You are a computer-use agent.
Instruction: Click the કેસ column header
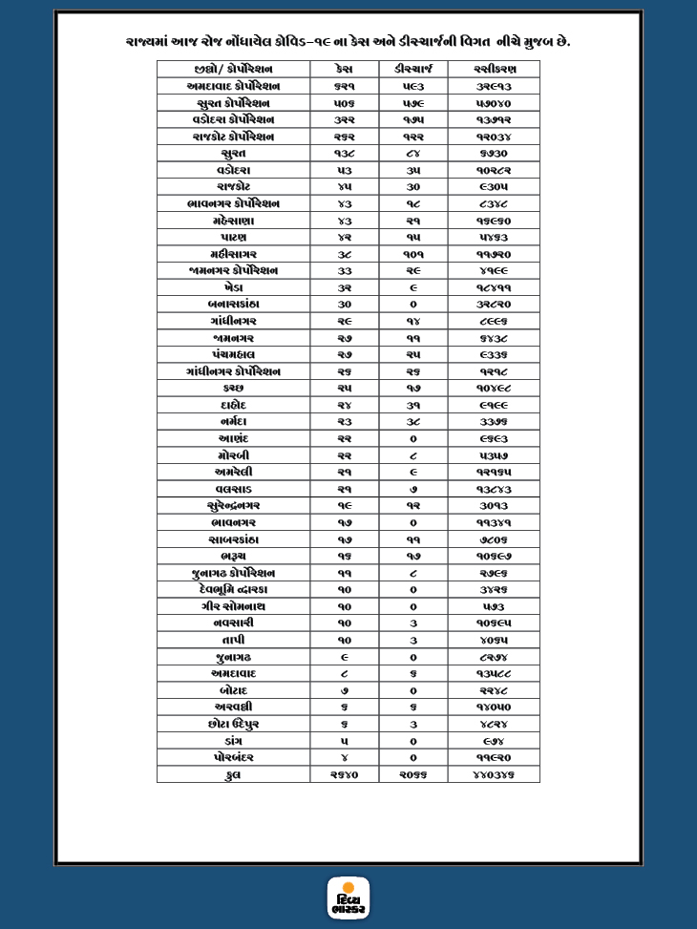344,70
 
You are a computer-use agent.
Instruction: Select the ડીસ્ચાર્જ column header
412,70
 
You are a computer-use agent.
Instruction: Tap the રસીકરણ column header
493,70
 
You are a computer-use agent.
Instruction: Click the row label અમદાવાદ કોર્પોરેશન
233,86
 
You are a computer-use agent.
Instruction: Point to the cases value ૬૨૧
344,86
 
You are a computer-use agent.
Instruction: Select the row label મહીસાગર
233,254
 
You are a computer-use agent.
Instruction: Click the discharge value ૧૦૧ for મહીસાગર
412,254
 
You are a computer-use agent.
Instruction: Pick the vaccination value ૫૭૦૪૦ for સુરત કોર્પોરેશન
493,103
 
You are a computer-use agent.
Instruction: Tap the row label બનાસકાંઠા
233,305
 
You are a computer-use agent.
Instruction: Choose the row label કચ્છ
233,389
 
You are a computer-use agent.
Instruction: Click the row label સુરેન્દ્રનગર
233,506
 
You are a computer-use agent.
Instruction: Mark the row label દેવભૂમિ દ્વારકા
233,590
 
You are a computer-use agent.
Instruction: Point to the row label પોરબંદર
233,758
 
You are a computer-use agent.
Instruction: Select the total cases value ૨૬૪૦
344,775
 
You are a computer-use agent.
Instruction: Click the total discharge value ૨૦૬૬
412,775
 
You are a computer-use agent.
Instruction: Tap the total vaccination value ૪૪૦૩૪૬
493,775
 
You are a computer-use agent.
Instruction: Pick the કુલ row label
233,775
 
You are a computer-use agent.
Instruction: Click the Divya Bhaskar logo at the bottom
348,897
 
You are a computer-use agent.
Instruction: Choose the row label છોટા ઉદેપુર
233,725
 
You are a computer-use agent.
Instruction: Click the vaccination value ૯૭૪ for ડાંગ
493,741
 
